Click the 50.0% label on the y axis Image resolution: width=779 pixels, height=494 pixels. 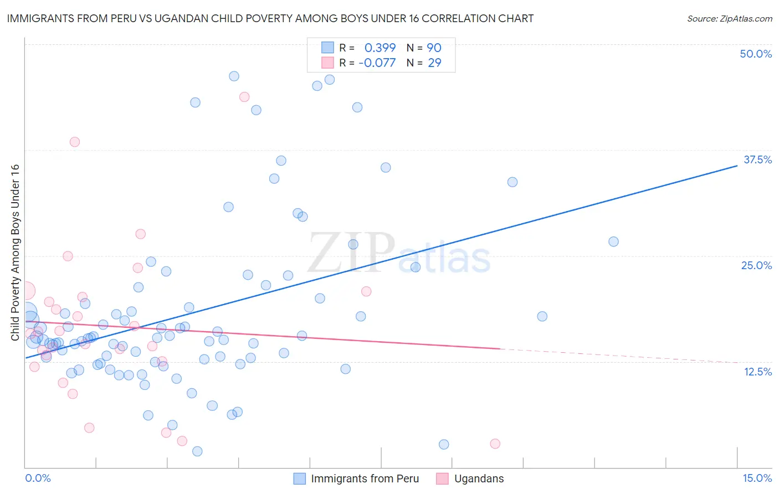tap(756, 54)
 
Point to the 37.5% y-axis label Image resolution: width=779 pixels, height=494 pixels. tap(757, 159)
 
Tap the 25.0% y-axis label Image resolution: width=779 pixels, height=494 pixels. tap(756, 265)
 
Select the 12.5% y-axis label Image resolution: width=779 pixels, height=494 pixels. tap(757, 372)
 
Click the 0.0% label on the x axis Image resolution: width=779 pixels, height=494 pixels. tap(38, 478)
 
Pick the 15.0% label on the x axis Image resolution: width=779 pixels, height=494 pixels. tap(757, 478)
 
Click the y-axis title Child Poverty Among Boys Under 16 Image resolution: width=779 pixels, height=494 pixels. tap(15, 253)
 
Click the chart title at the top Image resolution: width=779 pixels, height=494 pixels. tap(270, 18)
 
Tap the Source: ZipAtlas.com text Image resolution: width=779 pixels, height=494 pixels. tap(729, 19)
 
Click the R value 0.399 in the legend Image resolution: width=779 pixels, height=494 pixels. tap(380, 48)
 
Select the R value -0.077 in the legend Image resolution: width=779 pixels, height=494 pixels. tap(377, 63)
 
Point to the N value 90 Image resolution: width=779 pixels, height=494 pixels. tap(434, 48)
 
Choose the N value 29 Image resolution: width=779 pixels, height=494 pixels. tap(434, 63)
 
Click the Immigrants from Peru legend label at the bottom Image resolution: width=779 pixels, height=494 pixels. tap(365, 478)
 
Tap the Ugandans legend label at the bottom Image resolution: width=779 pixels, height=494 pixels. tap(479, 478)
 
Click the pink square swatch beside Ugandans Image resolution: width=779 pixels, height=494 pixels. tap(442, 478)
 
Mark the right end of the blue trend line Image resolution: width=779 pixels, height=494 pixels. tap(737, 165)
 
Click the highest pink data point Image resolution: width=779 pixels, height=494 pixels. tap(244, 97)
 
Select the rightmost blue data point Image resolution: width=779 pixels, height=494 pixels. tap(613, 241)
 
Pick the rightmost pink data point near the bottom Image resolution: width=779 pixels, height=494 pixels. tap(495, 444)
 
